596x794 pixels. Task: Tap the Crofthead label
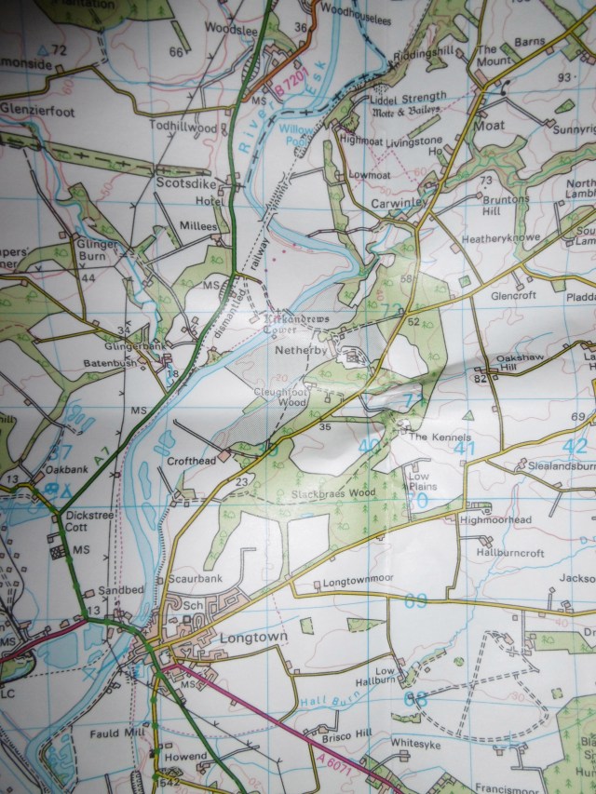click(x=191, y=460)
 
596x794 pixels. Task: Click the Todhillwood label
click(x=186, y=127)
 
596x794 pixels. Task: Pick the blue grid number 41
click(x=466, y=449)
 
